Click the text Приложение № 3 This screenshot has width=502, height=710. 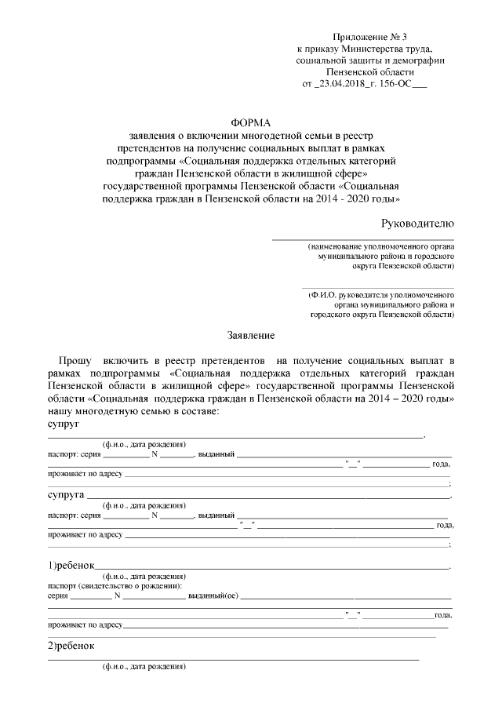tap(369, 37)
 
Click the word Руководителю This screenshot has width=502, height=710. tap(417, 223)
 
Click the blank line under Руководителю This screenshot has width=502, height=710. tap(362, 238)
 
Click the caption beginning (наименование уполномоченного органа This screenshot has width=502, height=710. tap(381, 246)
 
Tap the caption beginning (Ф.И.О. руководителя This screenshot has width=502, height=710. tap(381, 295)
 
